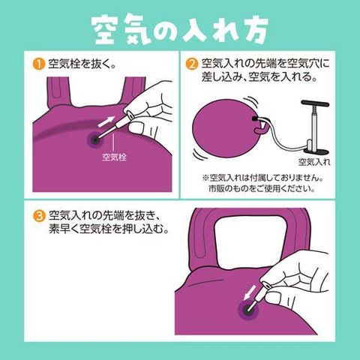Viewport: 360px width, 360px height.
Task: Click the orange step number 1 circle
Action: (38, 64)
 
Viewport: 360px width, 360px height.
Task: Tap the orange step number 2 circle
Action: (191, 64)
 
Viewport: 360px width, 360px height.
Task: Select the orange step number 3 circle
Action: (39, 216)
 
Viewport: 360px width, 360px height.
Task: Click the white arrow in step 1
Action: (106, 121)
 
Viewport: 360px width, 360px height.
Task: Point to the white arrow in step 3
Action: (250, 292)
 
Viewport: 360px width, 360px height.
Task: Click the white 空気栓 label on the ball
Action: (114, 157)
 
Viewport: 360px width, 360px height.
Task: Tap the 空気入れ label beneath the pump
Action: (314, 162)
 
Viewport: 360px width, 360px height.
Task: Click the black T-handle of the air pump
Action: (315, 103)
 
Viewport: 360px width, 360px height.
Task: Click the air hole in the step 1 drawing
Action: (95, 140)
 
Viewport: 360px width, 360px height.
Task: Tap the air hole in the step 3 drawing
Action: (248, 310)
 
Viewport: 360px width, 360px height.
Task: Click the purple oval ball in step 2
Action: (227, 128)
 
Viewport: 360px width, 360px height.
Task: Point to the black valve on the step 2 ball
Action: (255, 118)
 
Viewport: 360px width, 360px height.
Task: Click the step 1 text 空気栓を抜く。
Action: (82, 64)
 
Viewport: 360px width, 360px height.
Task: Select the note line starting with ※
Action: (262, 178)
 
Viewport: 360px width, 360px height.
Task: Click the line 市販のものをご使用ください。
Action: (262, 188)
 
